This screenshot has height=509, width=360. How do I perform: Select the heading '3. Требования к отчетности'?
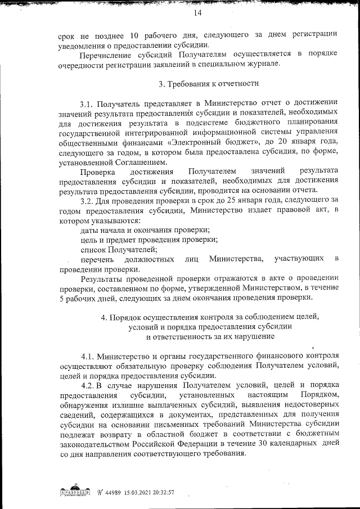point(209,84)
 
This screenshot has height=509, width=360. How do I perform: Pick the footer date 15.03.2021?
point(130,492)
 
